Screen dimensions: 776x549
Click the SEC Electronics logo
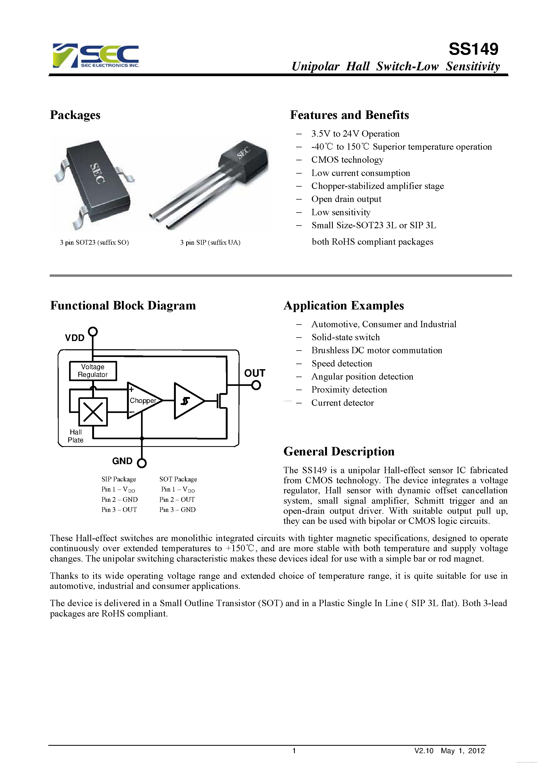click(96, 55)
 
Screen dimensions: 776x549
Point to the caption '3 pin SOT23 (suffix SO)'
click(94, 242)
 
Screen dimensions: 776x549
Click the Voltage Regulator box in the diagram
click(93, 371)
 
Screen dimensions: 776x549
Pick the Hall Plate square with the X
click(93, 412)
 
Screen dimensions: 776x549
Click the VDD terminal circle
click(93, 331)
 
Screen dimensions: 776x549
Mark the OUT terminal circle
click(256, 385)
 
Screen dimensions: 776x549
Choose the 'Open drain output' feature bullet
click(346, 199)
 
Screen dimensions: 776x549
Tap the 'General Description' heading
click(339, 451)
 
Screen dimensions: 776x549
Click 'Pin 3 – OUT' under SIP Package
click(119, 510)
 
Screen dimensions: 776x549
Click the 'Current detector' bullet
click(342, 403)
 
